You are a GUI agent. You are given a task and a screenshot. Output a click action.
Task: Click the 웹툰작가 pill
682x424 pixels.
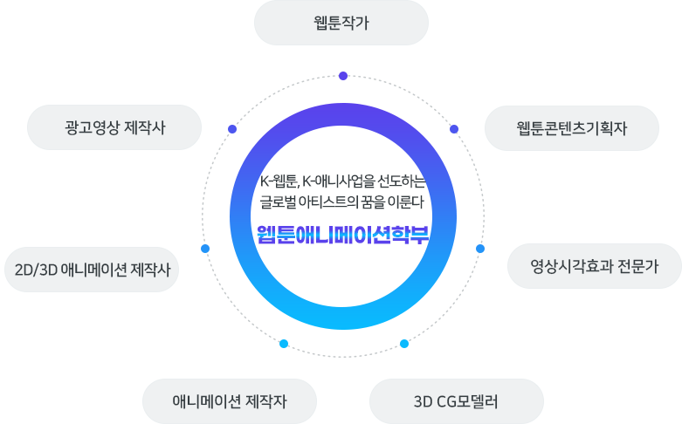(341, 23)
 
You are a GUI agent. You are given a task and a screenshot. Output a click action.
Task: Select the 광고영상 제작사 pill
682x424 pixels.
(114, 128)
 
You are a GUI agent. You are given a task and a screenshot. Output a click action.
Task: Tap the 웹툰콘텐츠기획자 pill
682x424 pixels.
(572, 128)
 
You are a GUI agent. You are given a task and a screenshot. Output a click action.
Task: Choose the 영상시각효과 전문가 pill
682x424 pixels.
(594, 265)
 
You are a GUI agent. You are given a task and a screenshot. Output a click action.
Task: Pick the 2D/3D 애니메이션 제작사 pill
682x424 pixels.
(92, 269)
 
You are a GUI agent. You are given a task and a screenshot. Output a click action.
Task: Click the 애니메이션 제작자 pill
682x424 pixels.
(229, 401)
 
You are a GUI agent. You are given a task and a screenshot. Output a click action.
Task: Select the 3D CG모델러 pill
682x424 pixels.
(456, 401)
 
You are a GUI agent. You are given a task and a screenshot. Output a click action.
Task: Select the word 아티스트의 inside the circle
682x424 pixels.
(337, 203)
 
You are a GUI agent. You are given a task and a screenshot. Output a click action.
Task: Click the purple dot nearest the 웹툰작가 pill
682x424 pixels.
(343, 76)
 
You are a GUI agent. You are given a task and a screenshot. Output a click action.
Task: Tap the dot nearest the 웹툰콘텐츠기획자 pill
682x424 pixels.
(454, 129)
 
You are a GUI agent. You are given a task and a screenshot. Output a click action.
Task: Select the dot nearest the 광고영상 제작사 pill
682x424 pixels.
(232, 129)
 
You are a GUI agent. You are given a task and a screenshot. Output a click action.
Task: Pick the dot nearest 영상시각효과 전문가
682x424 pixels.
(480, 249)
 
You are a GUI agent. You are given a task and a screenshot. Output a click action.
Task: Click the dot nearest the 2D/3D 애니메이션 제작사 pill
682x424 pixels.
(205, 249)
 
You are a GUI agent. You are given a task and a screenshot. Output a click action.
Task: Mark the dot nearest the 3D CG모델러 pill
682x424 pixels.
(403, 344)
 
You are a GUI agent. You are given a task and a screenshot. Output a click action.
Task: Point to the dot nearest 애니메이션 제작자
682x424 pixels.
(283, 344)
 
